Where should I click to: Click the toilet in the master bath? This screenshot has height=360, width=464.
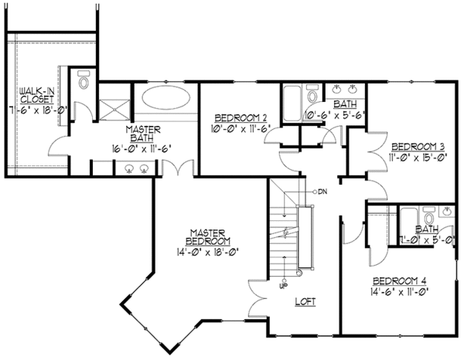85,80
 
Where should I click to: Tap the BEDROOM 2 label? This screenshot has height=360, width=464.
241,118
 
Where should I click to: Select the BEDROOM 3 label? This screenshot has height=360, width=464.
417,145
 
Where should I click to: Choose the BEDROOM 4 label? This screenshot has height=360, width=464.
399,280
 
